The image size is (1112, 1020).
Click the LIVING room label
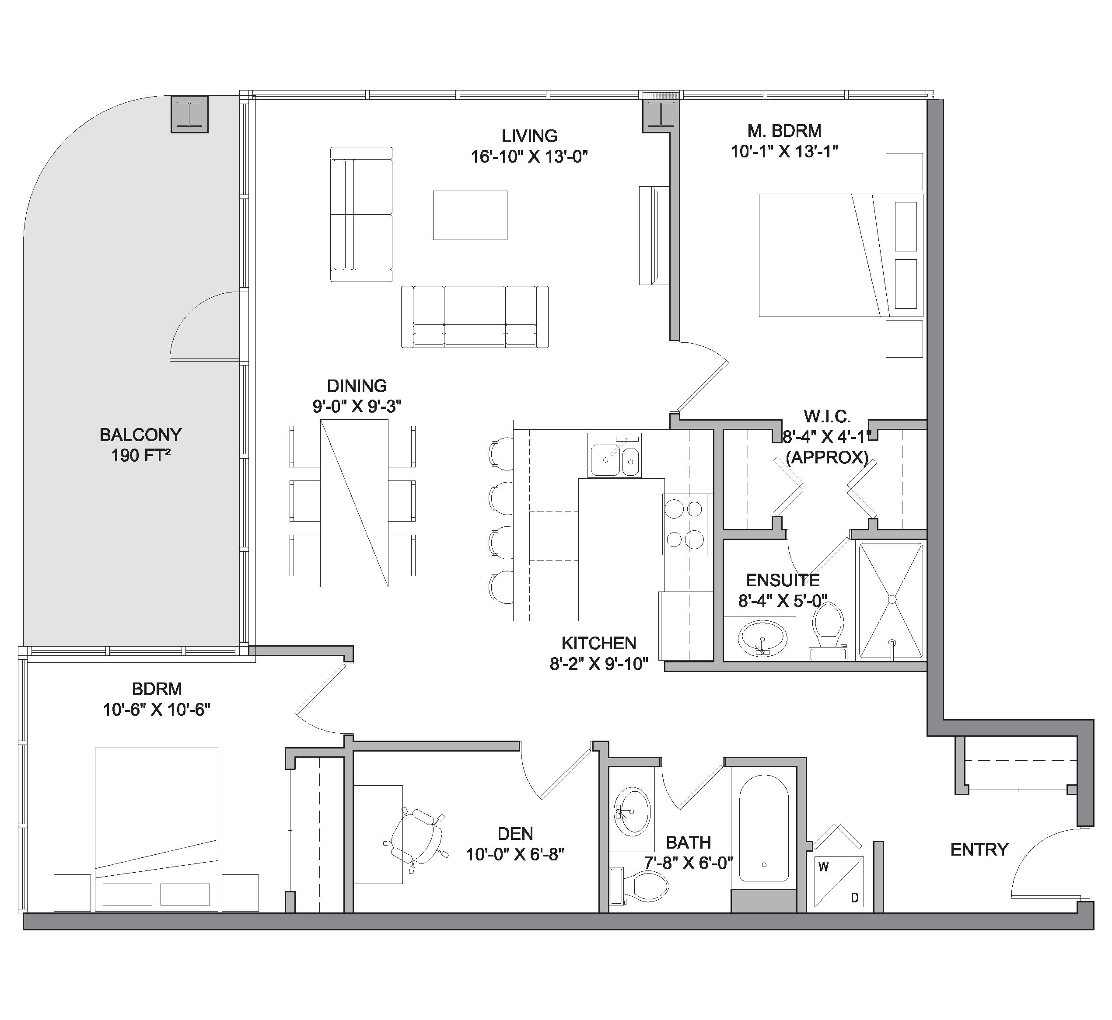click(529, 136)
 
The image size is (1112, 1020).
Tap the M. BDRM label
click(784, 131)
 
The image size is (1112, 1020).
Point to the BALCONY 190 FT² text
click(140, 445)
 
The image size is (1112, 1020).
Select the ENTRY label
click(979, 849)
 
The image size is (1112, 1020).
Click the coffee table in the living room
click(470, 215)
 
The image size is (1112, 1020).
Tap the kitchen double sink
click(615, 456)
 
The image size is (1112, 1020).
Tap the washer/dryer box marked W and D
click(839, 881)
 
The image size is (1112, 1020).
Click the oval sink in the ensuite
click(762, 637)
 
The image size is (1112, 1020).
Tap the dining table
click(354, 503)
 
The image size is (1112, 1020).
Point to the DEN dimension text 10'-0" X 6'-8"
click(515, 854)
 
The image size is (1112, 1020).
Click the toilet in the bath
click(641, 886)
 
